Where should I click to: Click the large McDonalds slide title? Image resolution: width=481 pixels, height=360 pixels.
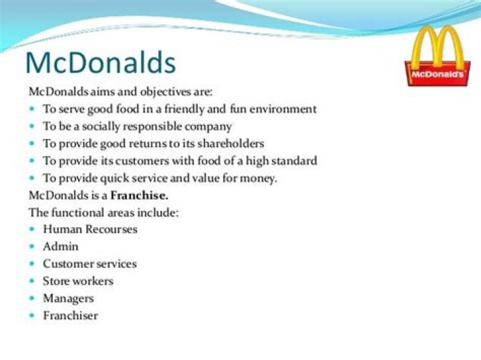[100, 63]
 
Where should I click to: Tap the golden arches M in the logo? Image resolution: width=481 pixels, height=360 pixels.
[438, 47]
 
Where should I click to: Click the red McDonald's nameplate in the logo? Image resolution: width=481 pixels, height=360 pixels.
[438, 75]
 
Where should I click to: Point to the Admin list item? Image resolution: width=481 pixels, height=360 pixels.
[60, 246]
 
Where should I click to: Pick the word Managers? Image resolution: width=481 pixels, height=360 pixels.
[68, 298]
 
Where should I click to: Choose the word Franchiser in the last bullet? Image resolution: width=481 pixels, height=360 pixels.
[70, 315]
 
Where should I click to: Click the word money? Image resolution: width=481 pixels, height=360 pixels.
[261, 178]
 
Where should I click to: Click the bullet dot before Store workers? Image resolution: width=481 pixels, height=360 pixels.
[33, 281]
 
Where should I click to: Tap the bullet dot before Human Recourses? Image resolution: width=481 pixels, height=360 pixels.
[33, 229]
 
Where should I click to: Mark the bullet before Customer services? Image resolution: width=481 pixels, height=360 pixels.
[33, 264]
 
